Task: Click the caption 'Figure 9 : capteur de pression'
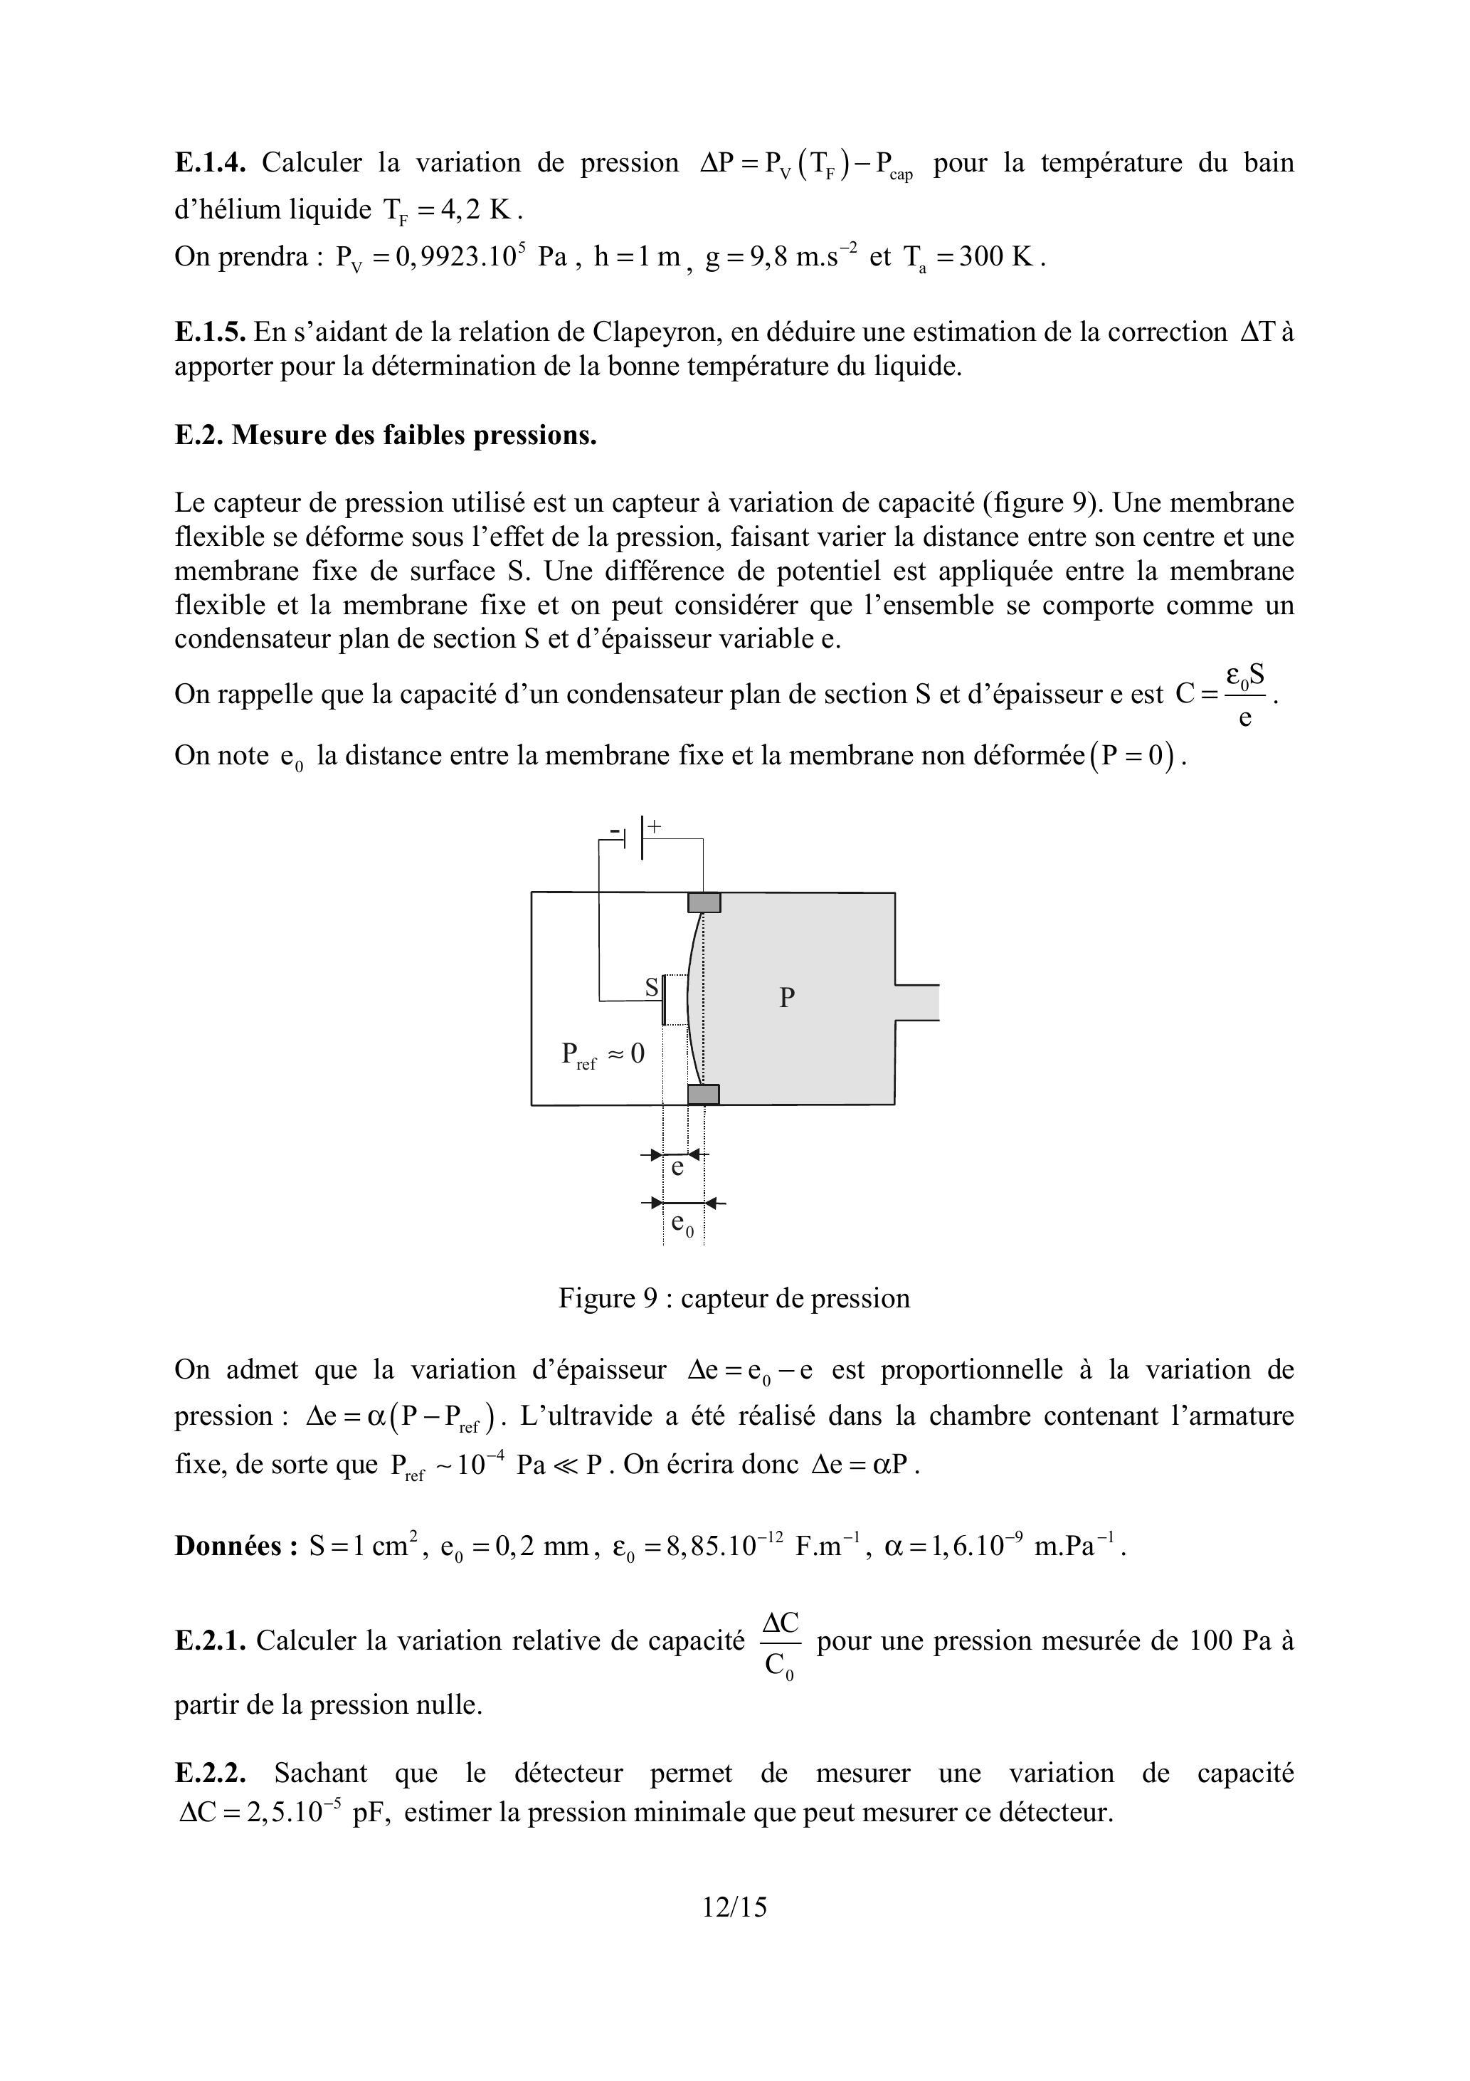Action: (x=734, y=1298)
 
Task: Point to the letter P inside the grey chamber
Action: (x=787, y=998)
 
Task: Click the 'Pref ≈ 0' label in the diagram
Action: (x=603, y=1055)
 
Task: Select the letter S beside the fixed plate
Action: (x=652, y=988)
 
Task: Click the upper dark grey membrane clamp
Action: (x=704, y=902)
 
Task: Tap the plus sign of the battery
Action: (x=655, y=826)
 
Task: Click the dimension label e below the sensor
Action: (x=677, y=1169)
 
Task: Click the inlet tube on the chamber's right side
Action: (x=917, y=1003)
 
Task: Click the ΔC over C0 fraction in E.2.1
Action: (x=781, y=1645)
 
